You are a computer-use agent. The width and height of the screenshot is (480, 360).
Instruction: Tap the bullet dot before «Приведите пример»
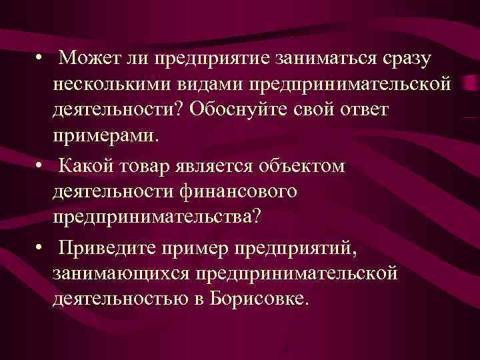coord(41,248)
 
